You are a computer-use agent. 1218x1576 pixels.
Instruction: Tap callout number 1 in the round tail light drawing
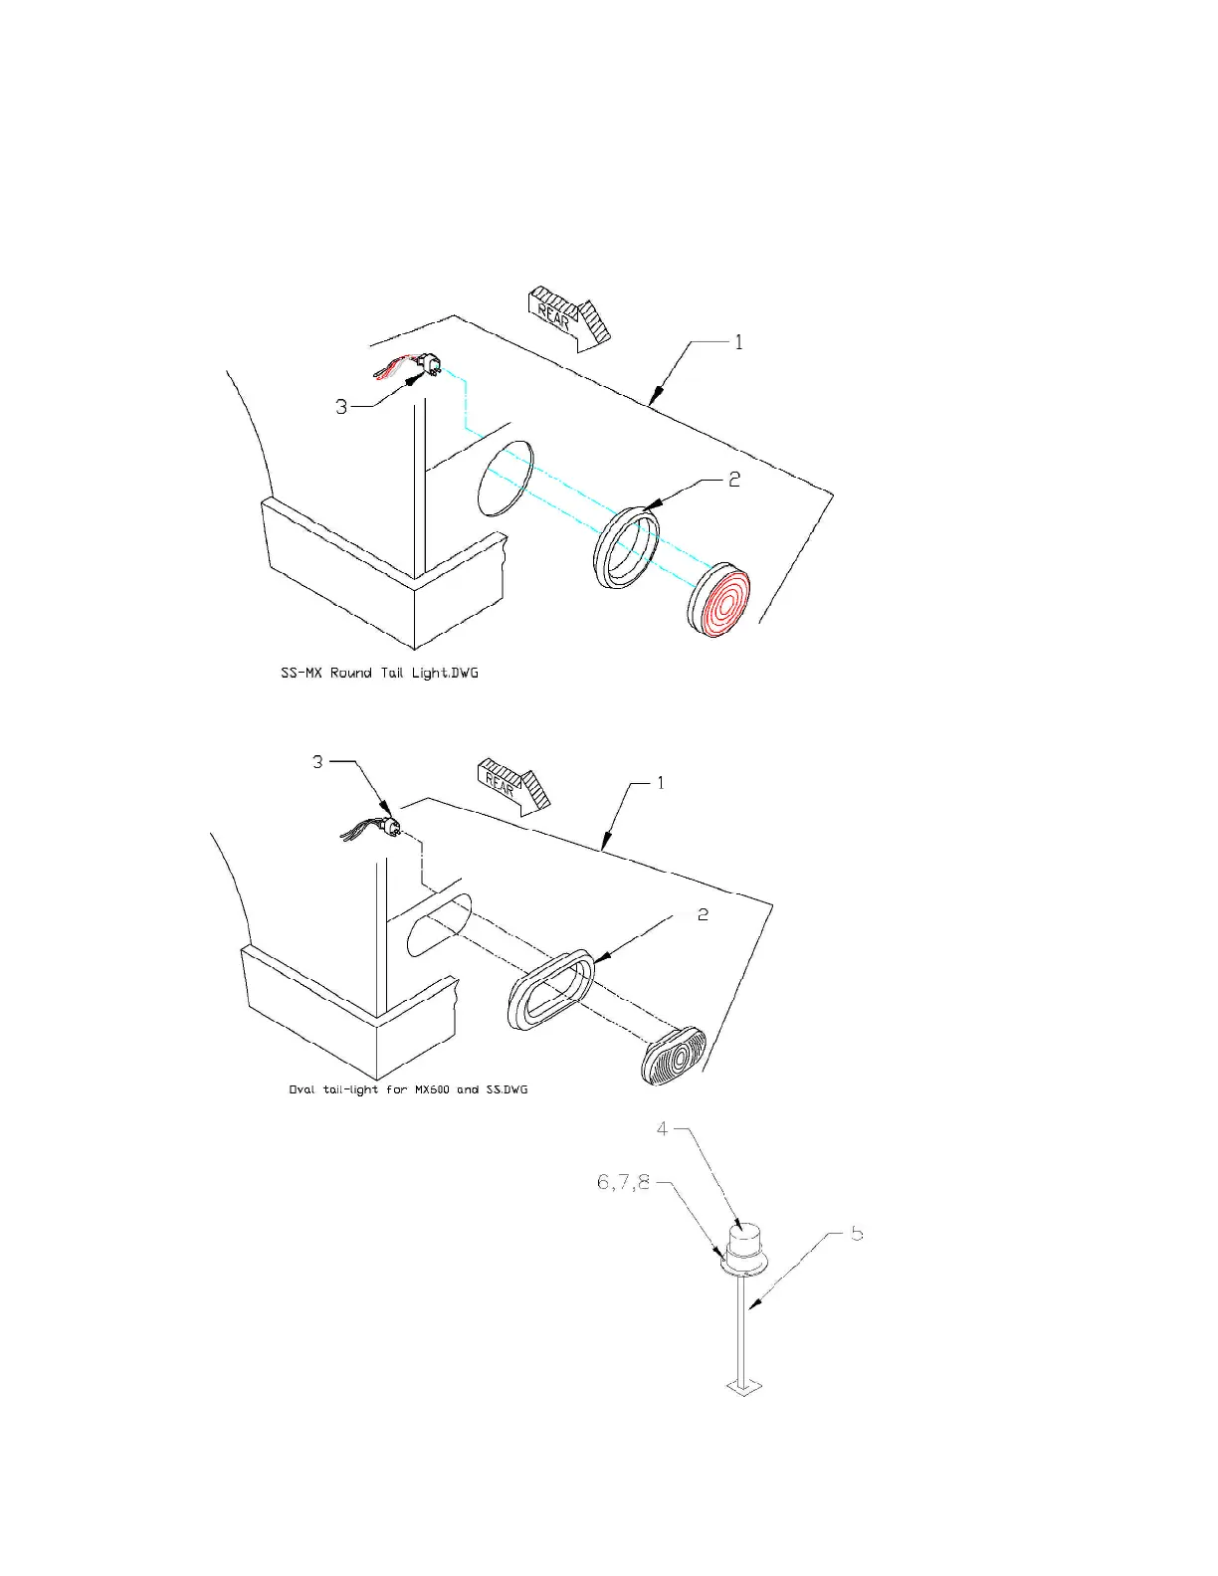(738, 342)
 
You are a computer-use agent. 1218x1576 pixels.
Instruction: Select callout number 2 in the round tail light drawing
(734, 480)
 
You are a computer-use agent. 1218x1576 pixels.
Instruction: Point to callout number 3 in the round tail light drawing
(341, 407)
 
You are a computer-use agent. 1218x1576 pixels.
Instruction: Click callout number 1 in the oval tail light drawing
(660, 783)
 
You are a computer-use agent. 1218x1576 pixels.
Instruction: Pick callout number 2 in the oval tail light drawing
(703, 914)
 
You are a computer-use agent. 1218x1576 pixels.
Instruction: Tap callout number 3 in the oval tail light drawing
(317, 762)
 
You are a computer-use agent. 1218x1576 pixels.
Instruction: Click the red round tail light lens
(720, 602)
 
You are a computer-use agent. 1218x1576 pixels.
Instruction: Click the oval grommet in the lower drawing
(550, 989)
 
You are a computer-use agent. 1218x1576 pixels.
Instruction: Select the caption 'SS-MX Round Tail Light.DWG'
(379, 674)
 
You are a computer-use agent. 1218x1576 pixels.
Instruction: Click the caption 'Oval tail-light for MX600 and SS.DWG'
(408, 1089)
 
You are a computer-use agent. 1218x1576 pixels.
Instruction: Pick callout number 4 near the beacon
(663, 1129)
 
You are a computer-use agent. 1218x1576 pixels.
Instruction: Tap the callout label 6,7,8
(623, 1182)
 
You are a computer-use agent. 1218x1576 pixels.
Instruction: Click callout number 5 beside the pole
(856, 1234)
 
